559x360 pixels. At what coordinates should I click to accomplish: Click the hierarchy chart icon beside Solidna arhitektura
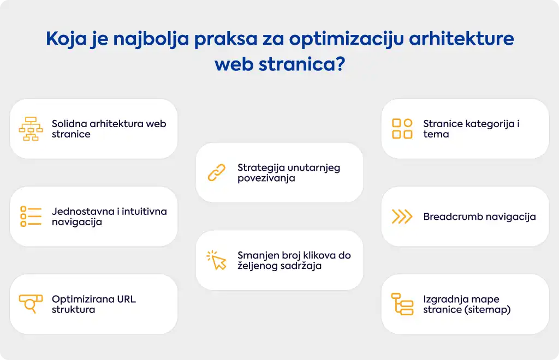pos(31,129)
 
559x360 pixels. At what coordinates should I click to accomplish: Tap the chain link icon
pos(217,172)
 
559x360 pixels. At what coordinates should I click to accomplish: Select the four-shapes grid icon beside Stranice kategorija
pos(402,129)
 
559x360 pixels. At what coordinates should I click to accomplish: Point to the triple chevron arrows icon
pos(402,217)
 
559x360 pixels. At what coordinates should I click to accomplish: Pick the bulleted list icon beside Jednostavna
pos(31,216)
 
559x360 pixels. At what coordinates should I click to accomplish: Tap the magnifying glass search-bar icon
pos(31,303)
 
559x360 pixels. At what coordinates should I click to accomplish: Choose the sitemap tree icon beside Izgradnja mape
pos(402,304)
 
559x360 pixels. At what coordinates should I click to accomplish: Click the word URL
pos(126,299)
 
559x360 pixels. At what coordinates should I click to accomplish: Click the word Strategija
pos(261,168)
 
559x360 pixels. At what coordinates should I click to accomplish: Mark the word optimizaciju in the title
pos(346,39)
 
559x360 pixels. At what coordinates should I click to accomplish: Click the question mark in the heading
pos(341,64)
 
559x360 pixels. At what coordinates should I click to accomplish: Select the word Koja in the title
pos(66,39)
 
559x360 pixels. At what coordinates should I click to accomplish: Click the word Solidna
pos(69,124)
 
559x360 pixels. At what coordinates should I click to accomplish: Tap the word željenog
pos(259,266)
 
